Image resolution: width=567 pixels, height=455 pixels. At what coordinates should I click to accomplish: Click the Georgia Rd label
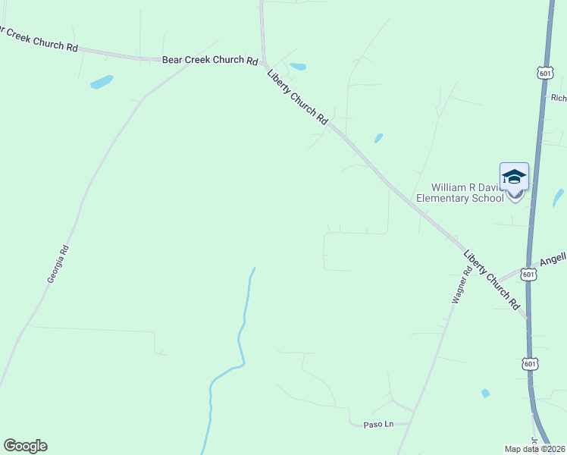click(x=58, y=264)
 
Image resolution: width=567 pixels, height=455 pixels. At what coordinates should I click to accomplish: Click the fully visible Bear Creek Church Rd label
click(x=210, y=60)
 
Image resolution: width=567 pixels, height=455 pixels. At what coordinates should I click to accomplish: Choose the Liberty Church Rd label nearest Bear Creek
click(x=297, y=97)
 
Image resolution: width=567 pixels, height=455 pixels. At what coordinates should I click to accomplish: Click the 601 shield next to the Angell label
click(x=529, y=275)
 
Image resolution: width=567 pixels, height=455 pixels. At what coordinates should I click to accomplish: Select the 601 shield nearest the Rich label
click(x=544, y=73)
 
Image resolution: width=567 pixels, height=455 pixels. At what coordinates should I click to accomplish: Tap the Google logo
click(x=25, y=446)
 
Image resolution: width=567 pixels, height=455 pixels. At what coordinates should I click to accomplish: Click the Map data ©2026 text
click(x=535, y=449)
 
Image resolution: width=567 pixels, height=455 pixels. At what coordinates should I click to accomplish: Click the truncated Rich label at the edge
click(x=559, y=98)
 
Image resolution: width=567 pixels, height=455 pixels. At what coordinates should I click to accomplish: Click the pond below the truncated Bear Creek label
click(x=102, y=82)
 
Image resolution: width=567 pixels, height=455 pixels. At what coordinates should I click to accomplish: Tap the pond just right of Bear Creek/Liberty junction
click(x=298, y=67)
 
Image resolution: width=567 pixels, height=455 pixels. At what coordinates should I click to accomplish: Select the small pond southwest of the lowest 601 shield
click(x=485, y=393)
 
